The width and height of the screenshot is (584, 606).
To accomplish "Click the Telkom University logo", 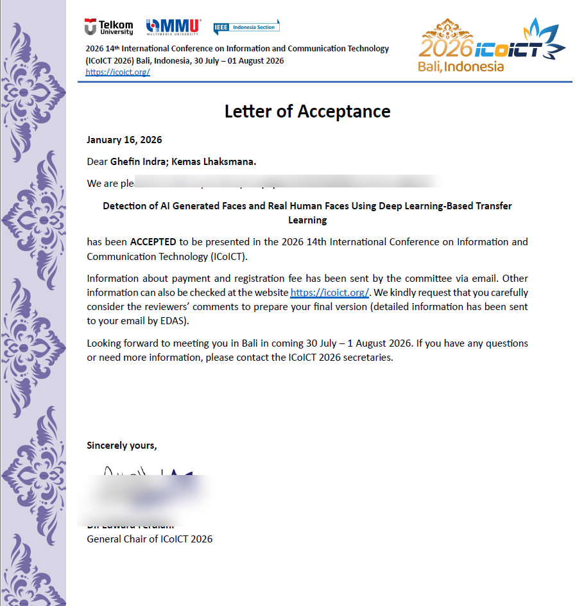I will point(108,27).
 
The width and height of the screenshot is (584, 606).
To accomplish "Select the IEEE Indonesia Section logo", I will point(246,27).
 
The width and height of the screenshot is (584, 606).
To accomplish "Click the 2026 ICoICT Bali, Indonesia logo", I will point(491,46).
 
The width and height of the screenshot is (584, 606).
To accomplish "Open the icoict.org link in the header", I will point(117,72).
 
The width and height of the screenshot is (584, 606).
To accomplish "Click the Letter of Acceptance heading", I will point(307,111).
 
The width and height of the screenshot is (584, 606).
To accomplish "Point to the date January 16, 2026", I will point(125,140).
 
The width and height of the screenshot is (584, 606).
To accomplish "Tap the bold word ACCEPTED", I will point(153,242).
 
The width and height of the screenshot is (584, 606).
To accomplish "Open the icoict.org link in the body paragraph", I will point(330,293).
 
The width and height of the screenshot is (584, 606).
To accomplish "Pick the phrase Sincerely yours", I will point(121,446).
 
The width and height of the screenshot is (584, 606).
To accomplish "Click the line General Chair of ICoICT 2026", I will point(150,539).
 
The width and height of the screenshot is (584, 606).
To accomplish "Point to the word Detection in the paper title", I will point(125,206).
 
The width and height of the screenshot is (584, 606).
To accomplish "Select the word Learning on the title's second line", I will point(307,220).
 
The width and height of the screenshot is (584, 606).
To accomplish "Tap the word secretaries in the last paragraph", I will point(368,358).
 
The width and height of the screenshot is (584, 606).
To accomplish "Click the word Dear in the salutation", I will point(98,162).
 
